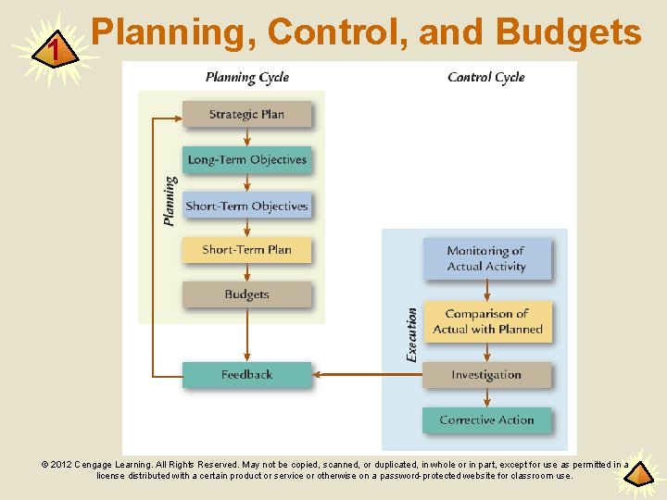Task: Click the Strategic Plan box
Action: pyautogui.click(x=246, y=114)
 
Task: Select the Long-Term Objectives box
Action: pyautogui.click(x=246, y=159)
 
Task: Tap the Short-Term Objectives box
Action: pyautogui.click(x=246, y=206)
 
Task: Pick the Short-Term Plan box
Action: pyautogui.click(x=246, y=249)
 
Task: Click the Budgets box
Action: pyautogui.click(x=246, y=294)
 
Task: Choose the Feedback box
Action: pyautogui.click(x=246, y=374)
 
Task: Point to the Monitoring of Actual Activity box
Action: pyautogui.click(x=486, y=258)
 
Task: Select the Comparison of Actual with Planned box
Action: pyautogui.click(x=487, y=321)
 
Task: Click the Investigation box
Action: pyautogui.click(x=486, y=375)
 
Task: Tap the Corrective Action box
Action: pyautogui.click(x=486, y=419)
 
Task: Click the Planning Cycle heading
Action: pyautogui.click(x=247, y=78)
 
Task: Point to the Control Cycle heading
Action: pyautogui.click(x=486, y=78)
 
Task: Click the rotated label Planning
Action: pyautogui.click(x=170, y=201)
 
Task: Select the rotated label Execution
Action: pyautogui.click(x=411, y=334)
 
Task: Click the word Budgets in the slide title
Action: pyautogui.click(x=569, y=32)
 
